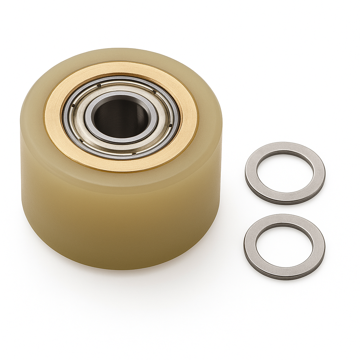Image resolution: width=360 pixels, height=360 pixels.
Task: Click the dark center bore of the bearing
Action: (x=121, y=118)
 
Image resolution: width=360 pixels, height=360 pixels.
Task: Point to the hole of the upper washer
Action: (x=285, y=172)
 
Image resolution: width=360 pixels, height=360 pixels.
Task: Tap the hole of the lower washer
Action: (x=284, y=246)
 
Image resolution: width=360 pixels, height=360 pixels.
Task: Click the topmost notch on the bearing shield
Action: (x=99, y=85)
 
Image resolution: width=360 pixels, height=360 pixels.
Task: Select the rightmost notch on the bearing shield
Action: (x=171, y=125)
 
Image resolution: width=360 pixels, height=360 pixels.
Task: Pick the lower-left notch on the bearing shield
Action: (x=81, y=140)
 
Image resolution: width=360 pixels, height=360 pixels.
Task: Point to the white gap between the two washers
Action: (x=285, y=209)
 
